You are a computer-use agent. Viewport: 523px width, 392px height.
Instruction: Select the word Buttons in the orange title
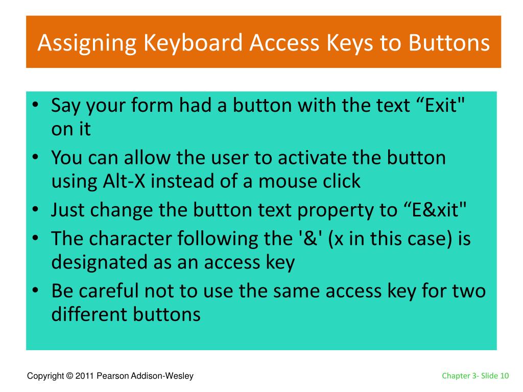coord(448,43)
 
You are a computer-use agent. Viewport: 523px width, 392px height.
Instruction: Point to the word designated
coord(100,262)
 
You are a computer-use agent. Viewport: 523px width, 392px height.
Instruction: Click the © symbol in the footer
coord(69,376)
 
